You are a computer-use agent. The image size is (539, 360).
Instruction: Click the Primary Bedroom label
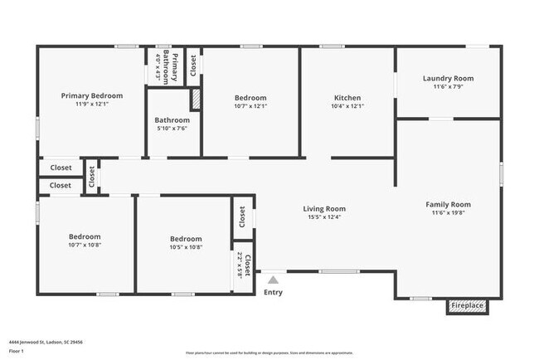click(x=92, y=95)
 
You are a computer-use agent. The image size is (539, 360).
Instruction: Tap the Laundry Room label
click(x=448, y=79)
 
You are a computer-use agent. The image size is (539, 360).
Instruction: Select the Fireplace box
click(x=467, y=306)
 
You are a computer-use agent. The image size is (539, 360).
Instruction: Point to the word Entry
click(x=272, y=292)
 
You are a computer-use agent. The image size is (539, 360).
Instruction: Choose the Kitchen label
click(x=347, y=97)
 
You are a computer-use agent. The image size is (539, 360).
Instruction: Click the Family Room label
click(x=448, y=204)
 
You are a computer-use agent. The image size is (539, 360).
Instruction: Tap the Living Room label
click(x=324, y=208)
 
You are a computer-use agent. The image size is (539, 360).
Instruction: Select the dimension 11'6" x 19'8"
click(x=448, y=213)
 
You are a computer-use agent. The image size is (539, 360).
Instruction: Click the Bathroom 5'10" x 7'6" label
click(x=172, y=119)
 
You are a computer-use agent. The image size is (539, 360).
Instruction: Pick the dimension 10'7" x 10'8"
click(x=85, y=246)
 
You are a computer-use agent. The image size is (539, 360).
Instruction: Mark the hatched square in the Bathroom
click(x=196, y=99)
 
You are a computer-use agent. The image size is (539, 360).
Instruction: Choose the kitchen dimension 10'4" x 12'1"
click(x=347, y=106)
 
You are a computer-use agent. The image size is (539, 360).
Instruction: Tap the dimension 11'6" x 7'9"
click(x=448, y=87)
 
